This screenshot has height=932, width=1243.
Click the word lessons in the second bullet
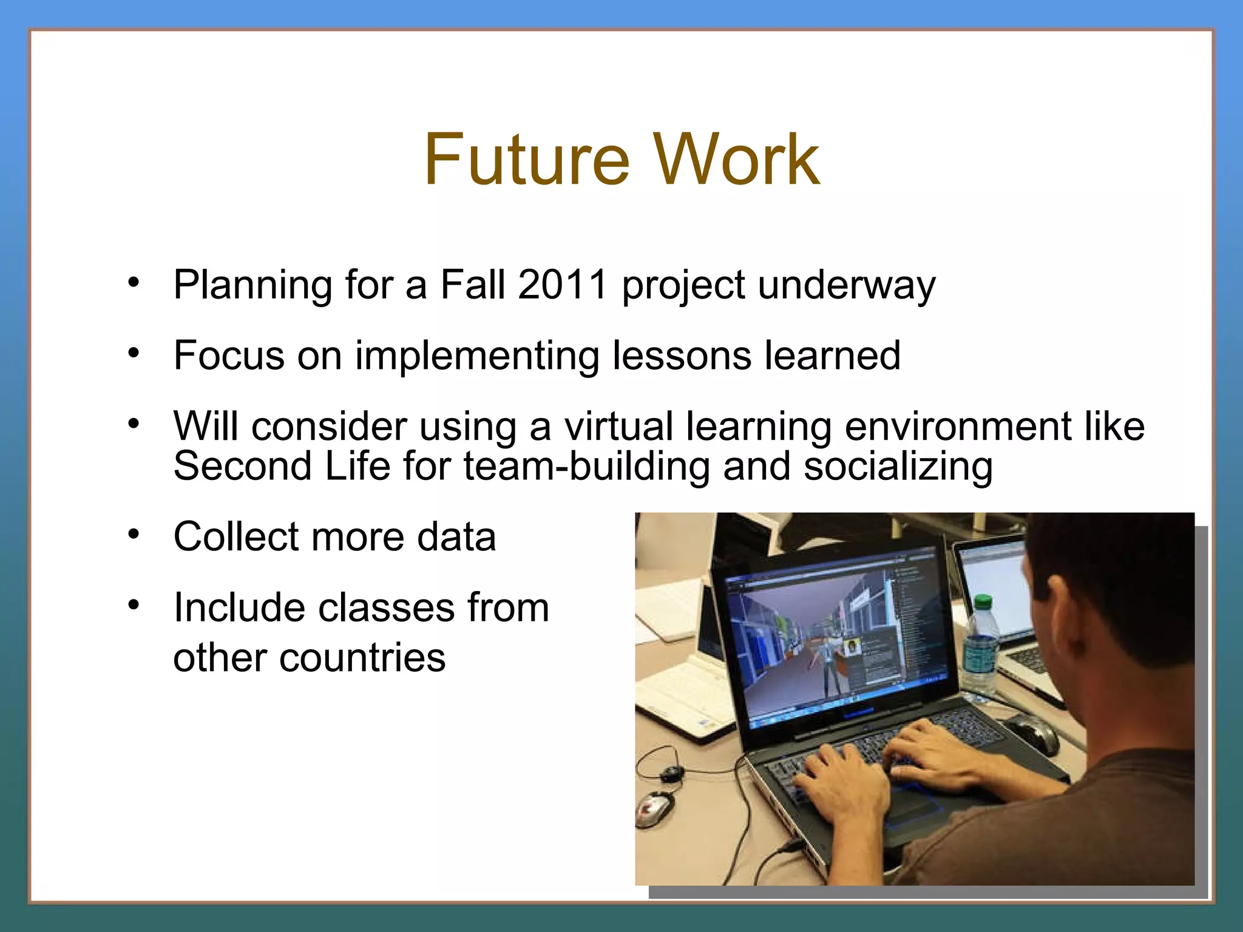(682, 356)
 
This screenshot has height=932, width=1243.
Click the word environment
(958, 426)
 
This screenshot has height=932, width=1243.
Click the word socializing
(898, 467)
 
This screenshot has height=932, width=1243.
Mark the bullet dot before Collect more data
(134, 535)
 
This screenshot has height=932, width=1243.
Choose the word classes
(386, 607)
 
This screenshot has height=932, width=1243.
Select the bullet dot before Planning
(134, 282)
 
